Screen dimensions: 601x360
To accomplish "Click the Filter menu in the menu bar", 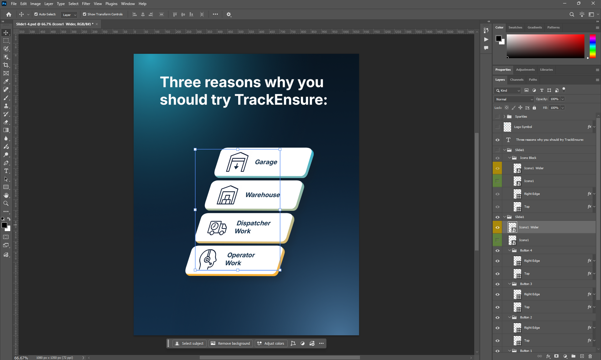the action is click(86, 4).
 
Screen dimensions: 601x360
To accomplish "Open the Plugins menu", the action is click(111, 4).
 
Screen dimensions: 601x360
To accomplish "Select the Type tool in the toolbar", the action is click(6, 171).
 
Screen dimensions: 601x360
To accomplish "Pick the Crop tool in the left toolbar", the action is click(6, 65).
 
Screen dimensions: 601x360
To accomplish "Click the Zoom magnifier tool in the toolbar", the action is click(6, 203).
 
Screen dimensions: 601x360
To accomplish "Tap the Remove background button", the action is click(231, 343).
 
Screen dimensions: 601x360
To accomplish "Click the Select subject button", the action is click(189, 343).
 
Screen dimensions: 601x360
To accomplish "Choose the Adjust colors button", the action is click(271, 343).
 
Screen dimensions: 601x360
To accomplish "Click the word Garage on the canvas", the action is click(266, 162).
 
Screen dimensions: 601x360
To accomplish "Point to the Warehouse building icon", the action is click(228, 195).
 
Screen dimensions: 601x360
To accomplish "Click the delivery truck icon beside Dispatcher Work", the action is click(217, 228).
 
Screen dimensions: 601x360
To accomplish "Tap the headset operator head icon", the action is click(208, 259).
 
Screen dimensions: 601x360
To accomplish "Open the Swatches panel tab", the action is click(515, 28).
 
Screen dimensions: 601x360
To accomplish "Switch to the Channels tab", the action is click(517, 80).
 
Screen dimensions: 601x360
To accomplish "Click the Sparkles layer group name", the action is click(521, 117).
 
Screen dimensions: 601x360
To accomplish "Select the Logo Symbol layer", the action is click(523, 127).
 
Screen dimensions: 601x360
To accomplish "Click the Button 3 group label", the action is click(526, 284).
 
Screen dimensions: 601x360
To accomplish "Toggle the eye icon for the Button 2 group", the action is click(497, 317).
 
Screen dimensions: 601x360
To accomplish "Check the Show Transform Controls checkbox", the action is click(85, 14).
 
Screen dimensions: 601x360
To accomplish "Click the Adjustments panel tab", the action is click(525, 70).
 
